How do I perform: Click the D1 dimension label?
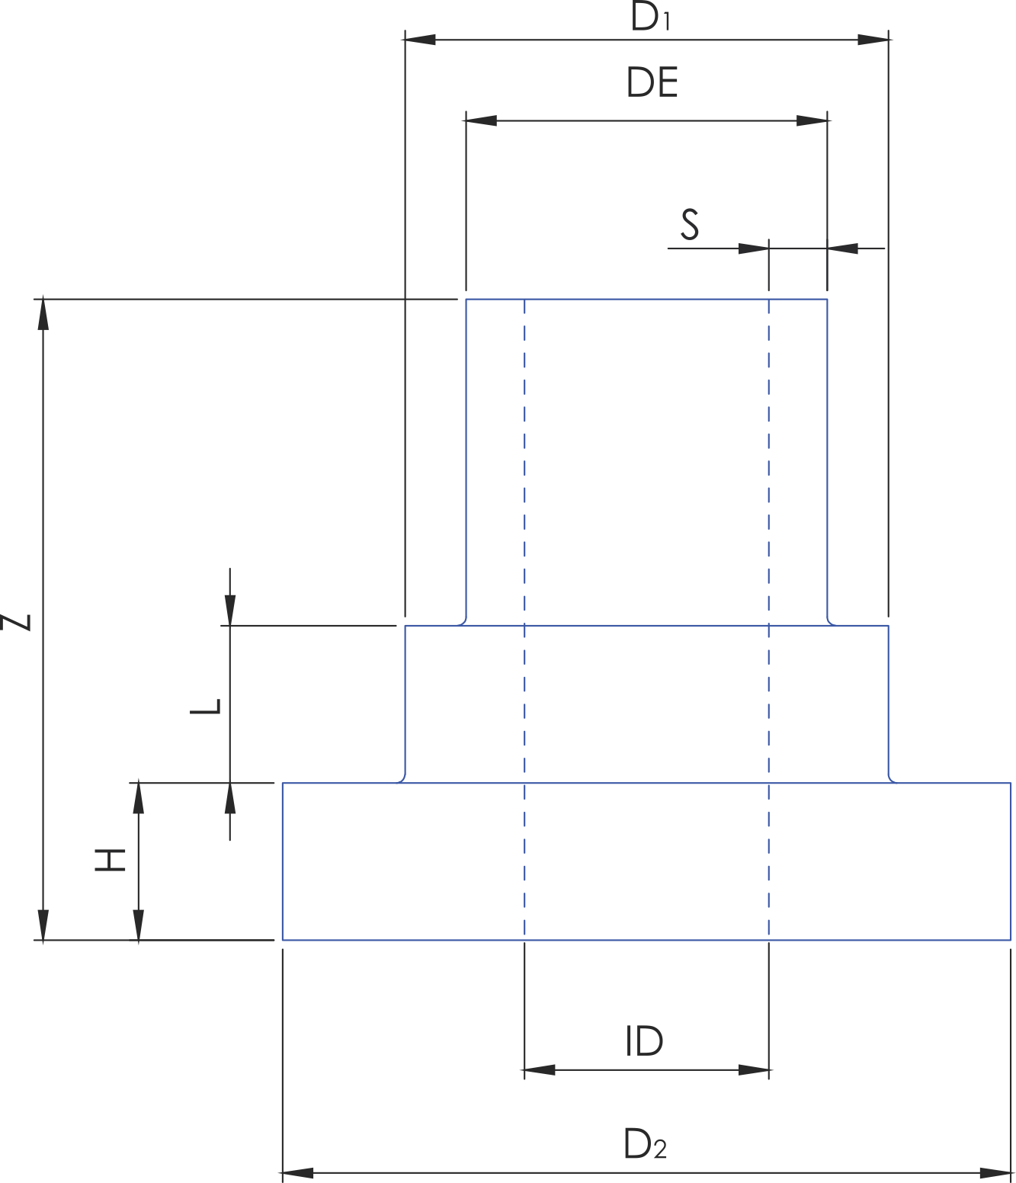coord(650,16)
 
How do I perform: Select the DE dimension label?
coord(652,82)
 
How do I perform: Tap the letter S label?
coord(689,224)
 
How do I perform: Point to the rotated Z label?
coord(15,622)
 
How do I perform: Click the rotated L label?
coord(205,707)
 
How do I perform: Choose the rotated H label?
coord(110,861)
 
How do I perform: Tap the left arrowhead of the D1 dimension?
coord(420,40)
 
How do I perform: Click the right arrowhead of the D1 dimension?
coord(873,40)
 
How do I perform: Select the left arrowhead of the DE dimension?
coord(482,120)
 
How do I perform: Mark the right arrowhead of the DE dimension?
coord(812,120)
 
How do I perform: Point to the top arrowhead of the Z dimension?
coord(43,315)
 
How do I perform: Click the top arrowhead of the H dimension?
coord(139,798)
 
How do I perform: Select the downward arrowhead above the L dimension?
coord(230,610)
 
